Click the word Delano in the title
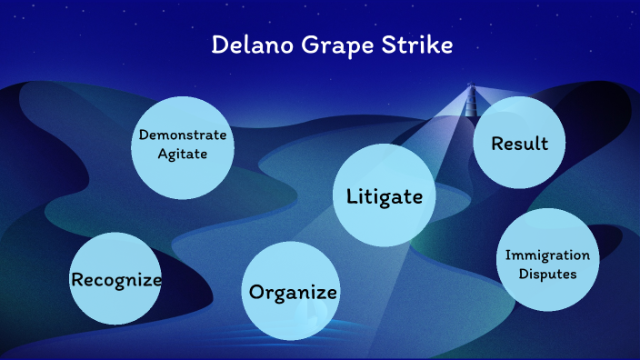click(250, 45)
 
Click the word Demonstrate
click(183, 135)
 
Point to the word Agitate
click(183, 154)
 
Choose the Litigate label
click(385, 196)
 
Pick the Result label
click(519, 144)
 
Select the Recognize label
click(116, 279)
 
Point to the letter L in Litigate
click(352, 196)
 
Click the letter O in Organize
click(257, 292)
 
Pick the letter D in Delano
click(219, 45)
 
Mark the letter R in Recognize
click(77, 279)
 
